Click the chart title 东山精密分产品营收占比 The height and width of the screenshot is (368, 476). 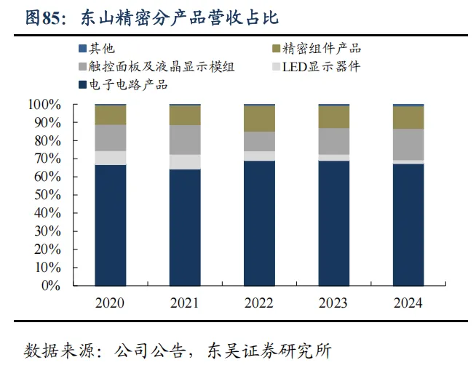(180, 17)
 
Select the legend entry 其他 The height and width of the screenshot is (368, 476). (97, 49)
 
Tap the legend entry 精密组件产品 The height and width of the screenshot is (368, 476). (317, 49)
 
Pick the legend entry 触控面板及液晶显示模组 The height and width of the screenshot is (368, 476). (156, 66)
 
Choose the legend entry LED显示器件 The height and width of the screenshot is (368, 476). (317, 66)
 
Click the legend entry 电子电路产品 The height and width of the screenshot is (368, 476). (123, 84)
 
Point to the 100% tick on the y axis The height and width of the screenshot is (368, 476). (44, 105)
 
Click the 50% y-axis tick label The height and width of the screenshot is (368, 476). (47, 195)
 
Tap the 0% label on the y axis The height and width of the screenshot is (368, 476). (51, 286)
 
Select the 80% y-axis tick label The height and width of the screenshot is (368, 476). (47, 141)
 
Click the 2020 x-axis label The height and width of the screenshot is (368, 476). (110, 303)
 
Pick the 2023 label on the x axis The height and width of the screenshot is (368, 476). (333, 303)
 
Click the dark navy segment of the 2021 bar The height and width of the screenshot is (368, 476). (185, 228)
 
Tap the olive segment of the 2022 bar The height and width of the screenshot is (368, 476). (259, 119)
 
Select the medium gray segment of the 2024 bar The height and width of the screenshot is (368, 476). (408, 145)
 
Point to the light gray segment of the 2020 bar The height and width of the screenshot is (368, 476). (111, 158)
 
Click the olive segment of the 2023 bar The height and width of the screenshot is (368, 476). (334, 117)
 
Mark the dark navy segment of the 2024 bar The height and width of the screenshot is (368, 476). (408, 225)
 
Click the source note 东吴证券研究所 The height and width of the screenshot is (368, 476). (269, 351)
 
